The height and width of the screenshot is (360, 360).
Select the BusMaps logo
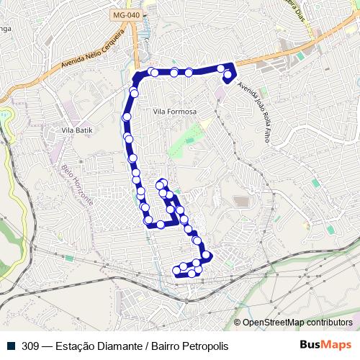(x=325, y=345)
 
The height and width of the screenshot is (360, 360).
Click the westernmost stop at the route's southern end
(x=176, y=271)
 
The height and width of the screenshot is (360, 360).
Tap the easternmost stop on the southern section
(x=207, y=255)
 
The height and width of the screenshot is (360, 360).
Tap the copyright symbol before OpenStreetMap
(x=238, y=323)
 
